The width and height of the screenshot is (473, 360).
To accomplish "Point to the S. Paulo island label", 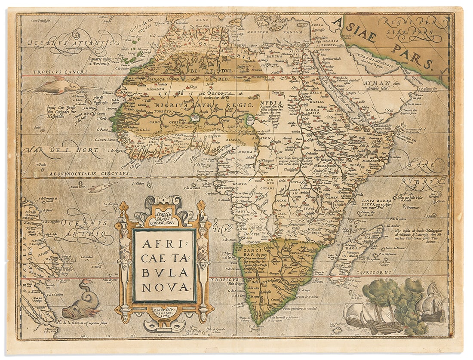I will (x=41, y=164).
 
